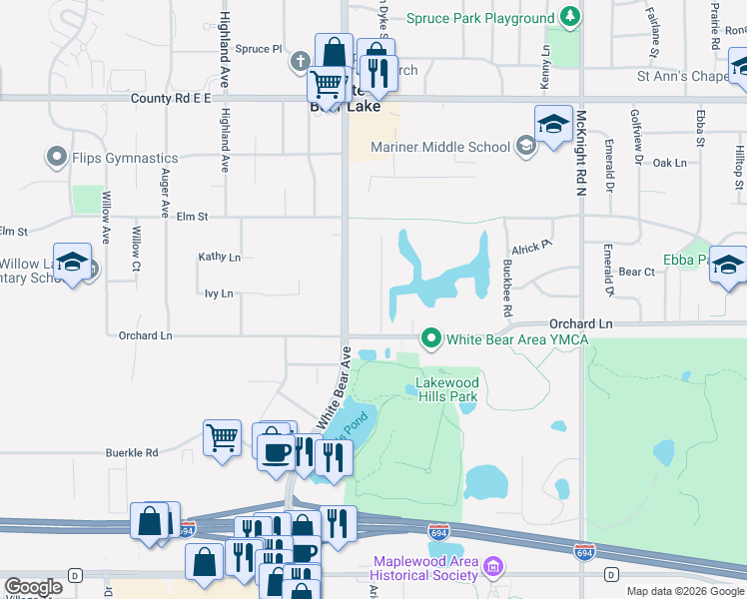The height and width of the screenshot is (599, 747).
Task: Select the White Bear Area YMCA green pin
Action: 431,338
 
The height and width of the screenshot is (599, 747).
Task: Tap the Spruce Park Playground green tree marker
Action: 570,17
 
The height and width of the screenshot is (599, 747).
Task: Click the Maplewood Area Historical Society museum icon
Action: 491,568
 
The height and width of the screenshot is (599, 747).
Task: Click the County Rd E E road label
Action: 172,99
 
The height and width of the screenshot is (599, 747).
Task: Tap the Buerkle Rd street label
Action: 132,452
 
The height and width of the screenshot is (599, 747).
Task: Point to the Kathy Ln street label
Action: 219,258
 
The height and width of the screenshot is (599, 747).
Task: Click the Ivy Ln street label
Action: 218,294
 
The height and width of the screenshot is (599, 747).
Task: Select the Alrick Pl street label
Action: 530,248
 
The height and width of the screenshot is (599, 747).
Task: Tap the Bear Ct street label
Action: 636,272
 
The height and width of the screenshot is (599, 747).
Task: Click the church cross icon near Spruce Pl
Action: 300,62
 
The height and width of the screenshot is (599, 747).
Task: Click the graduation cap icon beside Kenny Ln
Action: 553,123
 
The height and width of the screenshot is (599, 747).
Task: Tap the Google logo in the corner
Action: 34,587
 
